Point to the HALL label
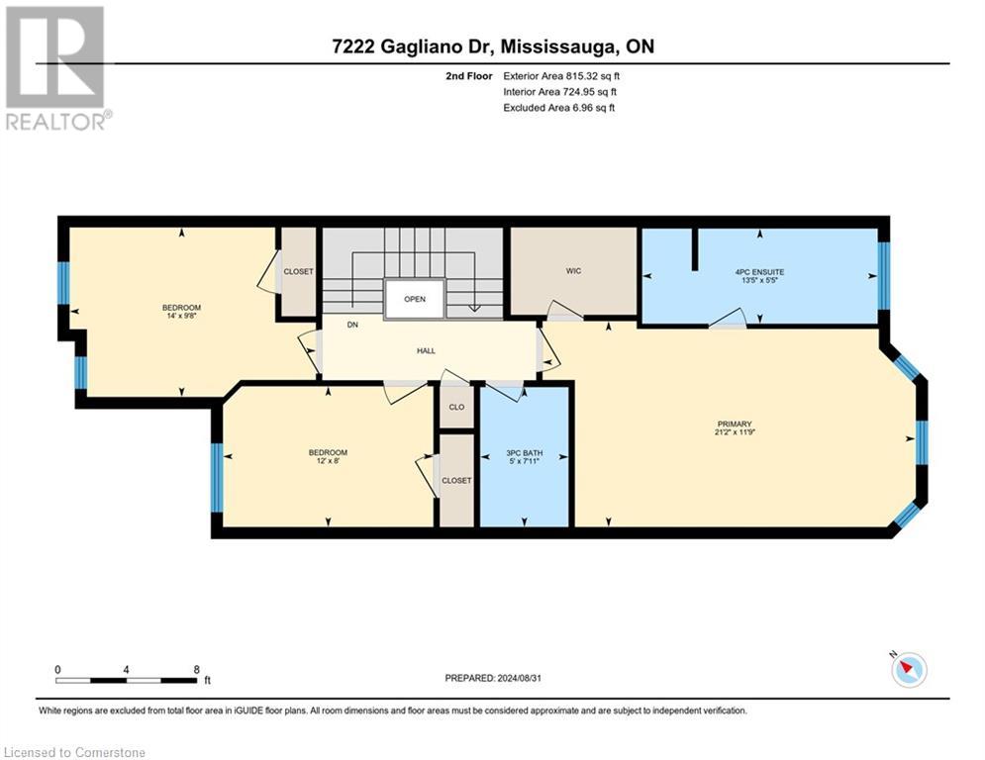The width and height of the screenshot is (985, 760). coord(426,350)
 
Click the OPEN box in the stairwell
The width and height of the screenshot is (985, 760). coord(415,300)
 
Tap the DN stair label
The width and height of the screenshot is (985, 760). coord(351,325)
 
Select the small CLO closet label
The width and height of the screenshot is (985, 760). coord(456,407)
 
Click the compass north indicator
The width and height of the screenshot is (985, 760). coord(907,669)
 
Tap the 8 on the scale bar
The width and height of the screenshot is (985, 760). coord(196,669)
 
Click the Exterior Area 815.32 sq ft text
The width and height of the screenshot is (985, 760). coord(561,75)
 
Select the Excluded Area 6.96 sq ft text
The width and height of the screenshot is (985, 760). coord(559,107)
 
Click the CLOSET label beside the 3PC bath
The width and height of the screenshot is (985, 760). coord(456,480)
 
